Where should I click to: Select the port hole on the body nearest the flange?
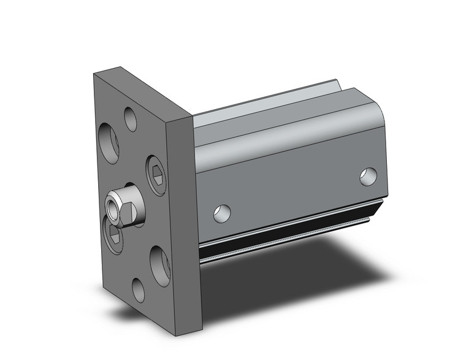point(222,213)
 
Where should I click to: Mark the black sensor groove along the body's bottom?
point(288,231)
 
